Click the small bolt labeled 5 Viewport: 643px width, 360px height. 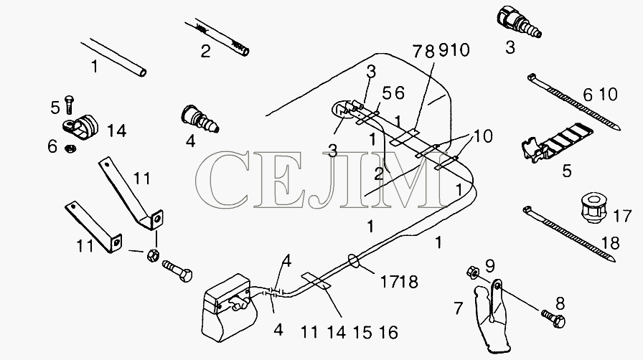(x=69, y=105)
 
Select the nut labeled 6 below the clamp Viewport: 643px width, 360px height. (x=70, y=148)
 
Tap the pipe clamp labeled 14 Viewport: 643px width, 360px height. (x=81, y=128)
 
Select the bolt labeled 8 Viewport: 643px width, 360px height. (x=553, y=318)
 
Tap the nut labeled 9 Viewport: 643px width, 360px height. (x=472, y=273)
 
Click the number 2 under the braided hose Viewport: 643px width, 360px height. (x=205, y=51)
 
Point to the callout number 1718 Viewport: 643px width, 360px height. (x=400, y=282)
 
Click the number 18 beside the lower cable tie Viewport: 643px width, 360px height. (x=610, y=243)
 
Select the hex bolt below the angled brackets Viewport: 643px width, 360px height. (x=177, y=270)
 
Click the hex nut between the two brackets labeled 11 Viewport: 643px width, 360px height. (x=153, y=255)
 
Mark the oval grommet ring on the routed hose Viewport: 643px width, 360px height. (x=353, y=260)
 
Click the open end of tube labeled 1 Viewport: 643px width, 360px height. (x=143, y=73)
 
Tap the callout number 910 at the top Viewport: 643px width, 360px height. (x=454, y=50)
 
